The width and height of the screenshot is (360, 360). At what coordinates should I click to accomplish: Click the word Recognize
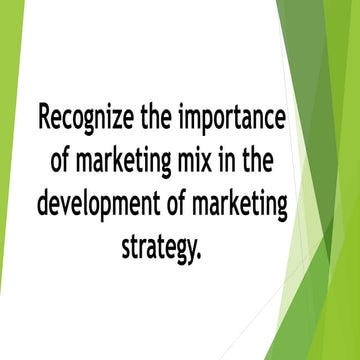[x=82, y=118]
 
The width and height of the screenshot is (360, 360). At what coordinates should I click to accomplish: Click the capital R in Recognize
[x=43, y=118]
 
